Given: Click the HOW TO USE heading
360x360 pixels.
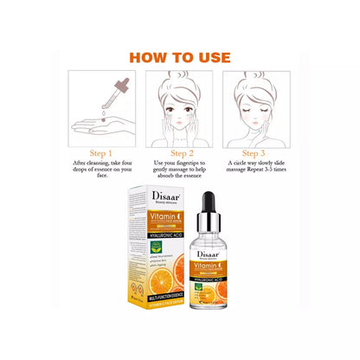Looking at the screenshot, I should pos(180,58).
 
